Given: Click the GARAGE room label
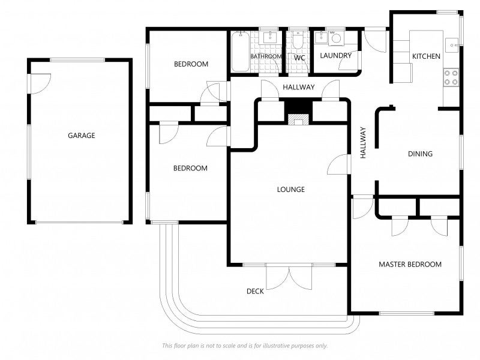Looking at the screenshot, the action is pos(82,136).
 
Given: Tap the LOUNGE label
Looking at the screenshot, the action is pos(291,190).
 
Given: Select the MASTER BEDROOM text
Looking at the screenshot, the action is pos(410,264).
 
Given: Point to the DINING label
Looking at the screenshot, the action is pos(421,154).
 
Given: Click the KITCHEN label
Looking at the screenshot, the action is pos(426,56).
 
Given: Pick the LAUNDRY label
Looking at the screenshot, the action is pos(336,55).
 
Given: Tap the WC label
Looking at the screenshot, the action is pos(299,58).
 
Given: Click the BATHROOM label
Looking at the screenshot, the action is pos(266,56).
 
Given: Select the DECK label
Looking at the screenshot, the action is pos(256,291).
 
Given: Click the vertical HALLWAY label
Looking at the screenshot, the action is pos(363,143).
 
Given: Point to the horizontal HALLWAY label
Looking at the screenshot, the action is pos(299,87).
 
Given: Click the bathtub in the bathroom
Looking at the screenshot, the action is pos(241,52).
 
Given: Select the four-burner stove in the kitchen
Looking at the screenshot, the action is pos(451,77).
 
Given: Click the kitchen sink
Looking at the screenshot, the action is pos(452,46).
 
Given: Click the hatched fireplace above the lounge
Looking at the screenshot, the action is pos(298,119).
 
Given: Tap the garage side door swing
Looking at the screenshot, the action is pos(40,83).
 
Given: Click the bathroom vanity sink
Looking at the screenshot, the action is pos(270,37).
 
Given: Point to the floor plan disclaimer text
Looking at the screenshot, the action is pos(245,346).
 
